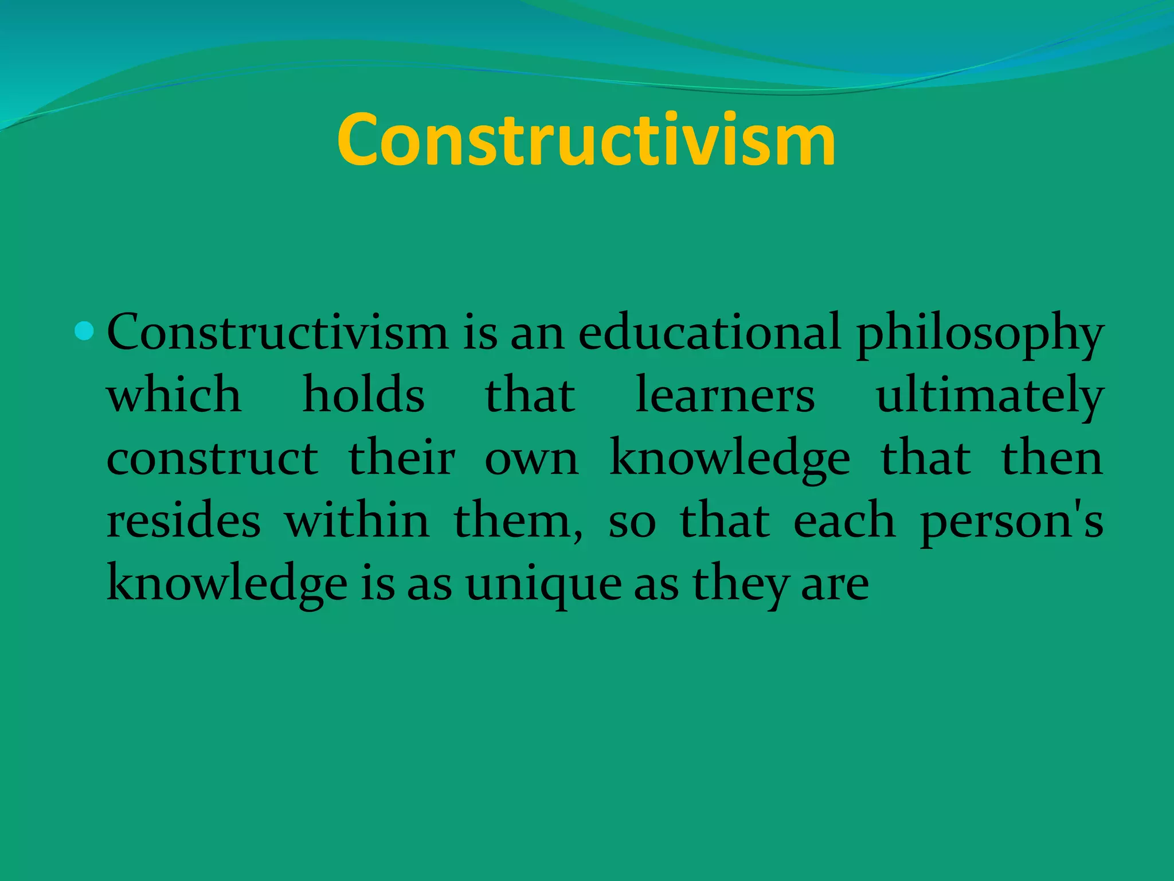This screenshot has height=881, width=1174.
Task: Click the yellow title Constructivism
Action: coord(586,141)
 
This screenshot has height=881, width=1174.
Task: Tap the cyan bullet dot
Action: coord(84,331)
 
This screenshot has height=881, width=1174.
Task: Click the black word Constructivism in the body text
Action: coord(277,333)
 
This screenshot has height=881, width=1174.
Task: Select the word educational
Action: coord(710,333)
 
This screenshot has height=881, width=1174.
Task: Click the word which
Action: coord(174,396)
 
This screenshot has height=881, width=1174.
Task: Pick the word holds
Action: coord(363,396)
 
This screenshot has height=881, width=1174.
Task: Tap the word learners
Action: coord(725,396)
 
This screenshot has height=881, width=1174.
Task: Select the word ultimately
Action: coord(990,397)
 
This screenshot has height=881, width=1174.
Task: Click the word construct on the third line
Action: coord(212,459)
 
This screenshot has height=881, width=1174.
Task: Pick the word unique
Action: coord(543,586)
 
